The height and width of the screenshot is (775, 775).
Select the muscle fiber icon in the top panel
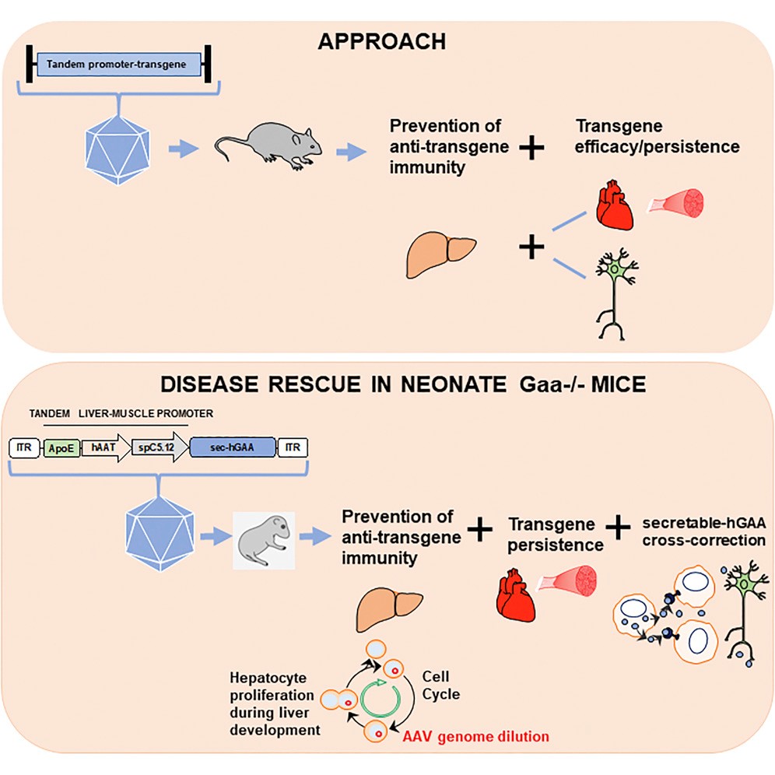(679, 204)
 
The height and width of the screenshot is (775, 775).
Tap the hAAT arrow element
(103, 447)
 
